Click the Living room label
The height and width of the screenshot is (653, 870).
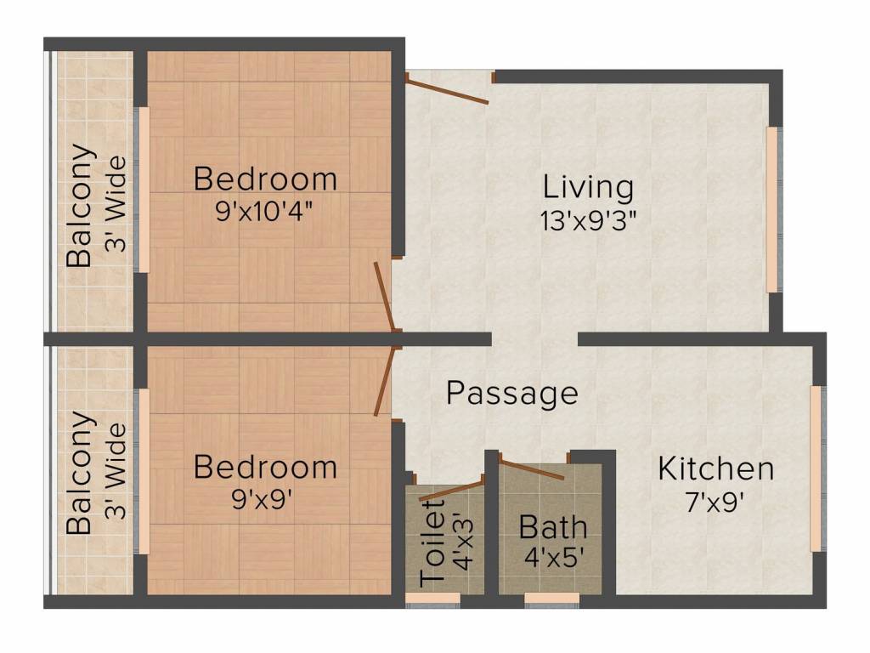tap(588, 188)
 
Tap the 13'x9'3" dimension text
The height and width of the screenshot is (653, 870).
tap(588, 221)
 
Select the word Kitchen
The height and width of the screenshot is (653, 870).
tap(715, 468)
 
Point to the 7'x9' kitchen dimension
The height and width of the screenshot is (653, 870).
tap(715, 503)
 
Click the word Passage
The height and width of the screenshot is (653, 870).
tap(512, 393)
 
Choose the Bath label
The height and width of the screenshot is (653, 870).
tap(553, 527)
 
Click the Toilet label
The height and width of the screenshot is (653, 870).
tap(433, 542)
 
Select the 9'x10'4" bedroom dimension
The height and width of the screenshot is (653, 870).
tap(265, 211)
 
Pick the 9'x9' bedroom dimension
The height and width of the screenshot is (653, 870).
tap(263, 500)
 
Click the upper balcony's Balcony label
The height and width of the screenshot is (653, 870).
tap(79, 206)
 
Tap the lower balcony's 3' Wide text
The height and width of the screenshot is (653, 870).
tap(116, 471)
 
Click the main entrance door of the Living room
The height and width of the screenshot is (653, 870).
tap(447, 88)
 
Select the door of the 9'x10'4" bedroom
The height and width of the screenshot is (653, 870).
tap(385, 297)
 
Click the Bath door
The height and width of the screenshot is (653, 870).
tap(532, 468)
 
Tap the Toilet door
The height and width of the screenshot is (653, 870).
tap(452, 491)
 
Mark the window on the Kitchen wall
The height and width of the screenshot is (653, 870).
tap(816, 468)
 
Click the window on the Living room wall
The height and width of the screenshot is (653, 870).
tap(773, 210)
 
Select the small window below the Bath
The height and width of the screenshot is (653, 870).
tap(552, 598)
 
